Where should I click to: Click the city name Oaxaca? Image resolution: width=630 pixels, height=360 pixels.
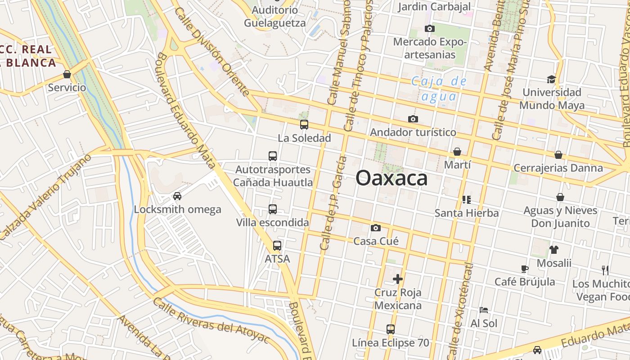[x=391, y=179]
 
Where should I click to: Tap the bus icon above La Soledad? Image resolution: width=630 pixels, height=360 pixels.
[x=304, y=125]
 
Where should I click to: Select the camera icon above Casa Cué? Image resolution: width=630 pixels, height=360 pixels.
[x=376, y=228]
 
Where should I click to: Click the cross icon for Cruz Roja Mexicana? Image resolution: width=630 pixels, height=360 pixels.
[x=398, y=279]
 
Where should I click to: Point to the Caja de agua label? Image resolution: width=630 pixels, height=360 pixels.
[x=439, y=89]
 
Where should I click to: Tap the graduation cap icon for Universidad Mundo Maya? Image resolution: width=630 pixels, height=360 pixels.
[x=551, y=80]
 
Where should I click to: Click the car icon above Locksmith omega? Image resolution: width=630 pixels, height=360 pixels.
[x=177, y=196]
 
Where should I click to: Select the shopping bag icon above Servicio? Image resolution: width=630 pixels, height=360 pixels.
[x=67, y=74]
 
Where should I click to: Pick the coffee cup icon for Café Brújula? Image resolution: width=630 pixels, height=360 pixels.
[x=524, y=269]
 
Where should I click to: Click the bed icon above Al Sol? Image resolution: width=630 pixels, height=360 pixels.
[x=484, y=310]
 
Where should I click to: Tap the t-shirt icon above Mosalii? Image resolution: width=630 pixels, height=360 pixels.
[x=553, y=250]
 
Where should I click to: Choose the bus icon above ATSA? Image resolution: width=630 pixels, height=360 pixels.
[x=277, y=246]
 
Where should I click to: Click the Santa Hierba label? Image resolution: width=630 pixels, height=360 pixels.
[x=467, y=213]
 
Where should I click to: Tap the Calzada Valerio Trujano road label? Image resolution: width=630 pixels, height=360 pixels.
[x=45, y=198]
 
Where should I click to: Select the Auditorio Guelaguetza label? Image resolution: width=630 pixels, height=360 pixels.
[x=274, y=16]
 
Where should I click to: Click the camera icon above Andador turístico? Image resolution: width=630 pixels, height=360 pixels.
[x=413, y=119]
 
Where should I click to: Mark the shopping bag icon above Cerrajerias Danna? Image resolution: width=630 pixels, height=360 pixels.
[x=558, y=155]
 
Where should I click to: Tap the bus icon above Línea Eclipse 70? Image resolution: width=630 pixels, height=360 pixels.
[x=391, y=329]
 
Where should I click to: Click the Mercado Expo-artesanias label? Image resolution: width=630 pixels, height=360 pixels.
[x=430, y=48]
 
